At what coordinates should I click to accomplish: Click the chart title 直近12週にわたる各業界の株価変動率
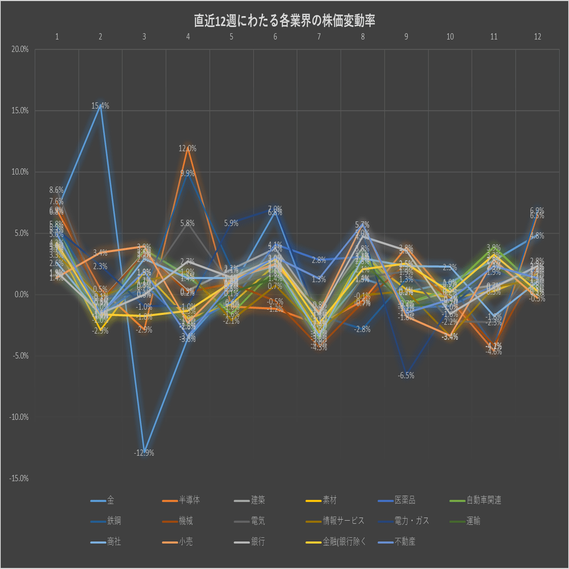click(x=284, y=20)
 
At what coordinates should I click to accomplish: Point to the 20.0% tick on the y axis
click(x=20, y=50)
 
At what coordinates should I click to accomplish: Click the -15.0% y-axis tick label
click(x=19, y=478)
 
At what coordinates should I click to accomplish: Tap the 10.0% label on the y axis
click(x=20, y=172)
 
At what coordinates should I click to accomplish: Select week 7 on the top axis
click(x=319, y=36)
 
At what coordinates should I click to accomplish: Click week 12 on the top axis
click(x=537, y=36)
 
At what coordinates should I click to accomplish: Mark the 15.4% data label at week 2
click(x=100, y=106)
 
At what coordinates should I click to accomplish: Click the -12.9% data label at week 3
click(x=144, y=453)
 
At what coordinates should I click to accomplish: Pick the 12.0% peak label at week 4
click(x=188, y=149)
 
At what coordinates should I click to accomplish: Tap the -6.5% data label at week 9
click(x=406, y=376)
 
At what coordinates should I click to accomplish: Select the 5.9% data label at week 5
click(x=231, y=223)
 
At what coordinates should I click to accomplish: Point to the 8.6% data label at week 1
click(x=57, y=190)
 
